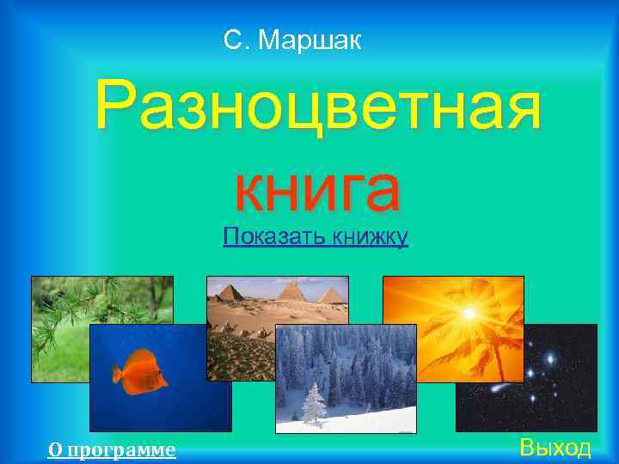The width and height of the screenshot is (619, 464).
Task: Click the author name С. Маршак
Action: tap(292, 40)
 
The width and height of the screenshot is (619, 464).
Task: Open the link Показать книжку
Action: tap(316, 235)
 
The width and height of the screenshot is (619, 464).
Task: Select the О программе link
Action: tap(112, 449)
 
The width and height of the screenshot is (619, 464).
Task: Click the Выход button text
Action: tap(555, 448)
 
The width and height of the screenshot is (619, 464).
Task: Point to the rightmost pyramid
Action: tap(331, 296)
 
